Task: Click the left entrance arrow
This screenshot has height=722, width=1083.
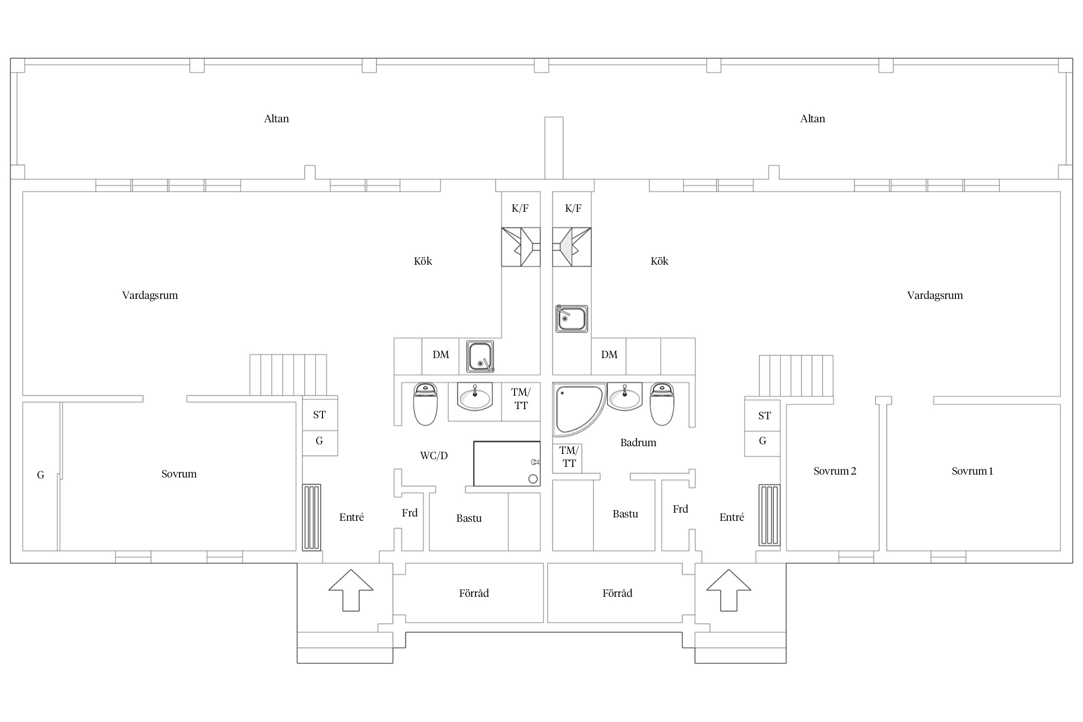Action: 351,591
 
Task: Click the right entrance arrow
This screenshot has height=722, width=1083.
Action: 729,591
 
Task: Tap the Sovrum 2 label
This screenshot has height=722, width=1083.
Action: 835,471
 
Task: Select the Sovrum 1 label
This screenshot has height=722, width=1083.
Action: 972,471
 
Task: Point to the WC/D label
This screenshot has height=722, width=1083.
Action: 434,455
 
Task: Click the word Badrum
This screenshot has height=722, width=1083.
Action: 638,442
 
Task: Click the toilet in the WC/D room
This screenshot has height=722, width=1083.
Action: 425,404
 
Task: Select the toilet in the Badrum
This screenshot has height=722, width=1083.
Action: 662,404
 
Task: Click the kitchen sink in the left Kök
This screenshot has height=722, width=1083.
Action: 480,357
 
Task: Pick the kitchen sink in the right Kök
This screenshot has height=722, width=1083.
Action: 572,319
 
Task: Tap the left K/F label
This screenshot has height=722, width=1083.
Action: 520,208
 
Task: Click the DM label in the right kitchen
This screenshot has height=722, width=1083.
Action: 609,355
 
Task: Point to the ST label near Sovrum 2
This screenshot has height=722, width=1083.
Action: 764,415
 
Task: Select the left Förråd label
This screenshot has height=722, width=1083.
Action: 474,593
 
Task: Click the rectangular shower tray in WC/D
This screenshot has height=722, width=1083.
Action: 507,464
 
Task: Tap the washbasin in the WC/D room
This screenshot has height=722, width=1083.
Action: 475,397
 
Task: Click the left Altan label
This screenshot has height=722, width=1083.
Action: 276,118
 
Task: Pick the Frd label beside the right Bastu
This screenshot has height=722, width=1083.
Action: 680,509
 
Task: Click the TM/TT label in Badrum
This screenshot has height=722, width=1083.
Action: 569,457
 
